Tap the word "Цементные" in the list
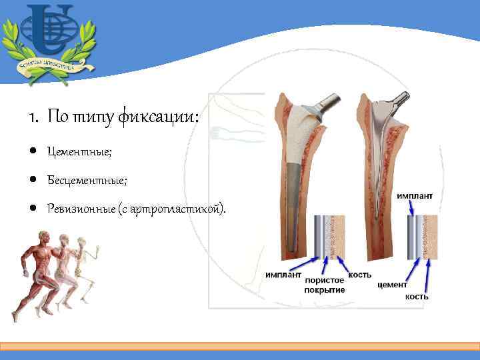click(x=79, y=153)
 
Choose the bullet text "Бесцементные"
click(x=87, y=181)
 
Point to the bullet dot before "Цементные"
click(x=32, y=153)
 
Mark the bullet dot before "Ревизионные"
click(x=32, y=209)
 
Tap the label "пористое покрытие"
click(x=325, y=285)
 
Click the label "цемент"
click(x=393, y=285)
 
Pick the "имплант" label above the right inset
click(x=415, y=196)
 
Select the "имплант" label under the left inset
click(x=283, y=274)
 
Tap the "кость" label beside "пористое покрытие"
click(x=360, y=274)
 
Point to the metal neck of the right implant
click(x=394, y=101)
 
